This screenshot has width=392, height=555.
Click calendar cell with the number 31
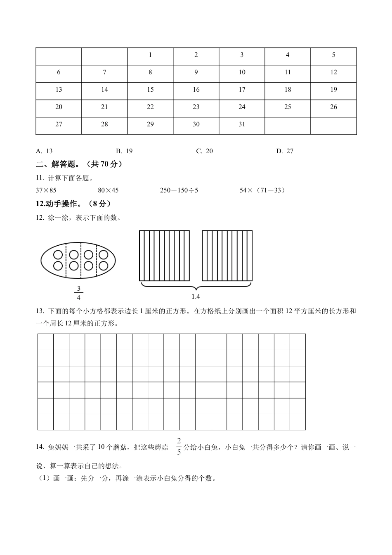tap(242, 124)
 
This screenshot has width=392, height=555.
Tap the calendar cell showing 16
tap(196, 90)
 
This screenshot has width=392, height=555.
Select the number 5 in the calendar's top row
tap(333, 55)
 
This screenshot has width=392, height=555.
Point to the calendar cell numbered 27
tap(59, 124)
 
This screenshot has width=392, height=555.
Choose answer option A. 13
tap(45, 151)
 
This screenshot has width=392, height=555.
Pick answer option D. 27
tap(285, 151)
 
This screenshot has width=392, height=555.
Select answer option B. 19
tap(124, 151)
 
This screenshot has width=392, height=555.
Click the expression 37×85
tap(46, 190)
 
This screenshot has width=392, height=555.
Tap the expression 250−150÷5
tap(179, 190)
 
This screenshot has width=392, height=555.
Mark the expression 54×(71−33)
tap(262, 190)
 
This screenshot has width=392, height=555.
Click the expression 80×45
tap(108, 190)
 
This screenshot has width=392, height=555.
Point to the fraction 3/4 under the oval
tap(78, 293)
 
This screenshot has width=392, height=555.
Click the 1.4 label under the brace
tap(196, 296)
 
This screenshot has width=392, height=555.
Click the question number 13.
tap(40, 311)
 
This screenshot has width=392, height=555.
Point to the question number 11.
tap(40, 178)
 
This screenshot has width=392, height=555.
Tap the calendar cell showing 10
tap(242, 72)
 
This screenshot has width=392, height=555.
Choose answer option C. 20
tap(205, 151)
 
